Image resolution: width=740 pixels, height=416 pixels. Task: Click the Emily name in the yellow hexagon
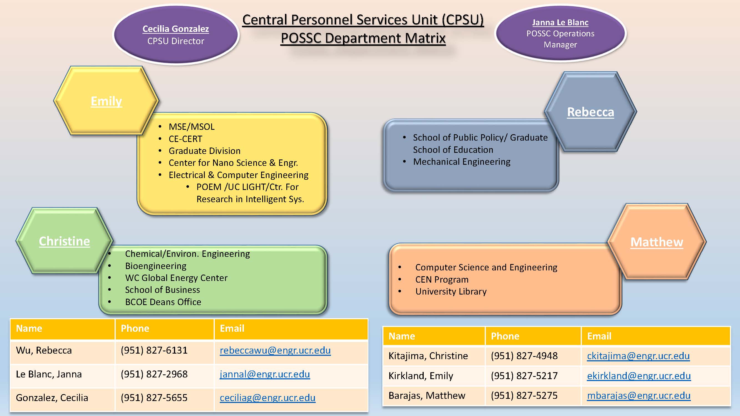click(106, 101)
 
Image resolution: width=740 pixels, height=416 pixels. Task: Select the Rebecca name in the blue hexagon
click(590, 112)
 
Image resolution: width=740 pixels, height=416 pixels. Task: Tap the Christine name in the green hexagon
click(64, 241)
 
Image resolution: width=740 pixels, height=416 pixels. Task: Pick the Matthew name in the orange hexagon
click(657, 242)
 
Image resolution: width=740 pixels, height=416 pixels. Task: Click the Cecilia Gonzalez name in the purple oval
click(176, 29)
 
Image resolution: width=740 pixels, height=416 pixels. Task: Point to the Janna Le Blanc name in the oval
click(560, 22)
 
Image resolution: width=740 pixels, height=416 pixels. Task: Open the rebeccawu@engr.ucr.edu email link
click(275, 350)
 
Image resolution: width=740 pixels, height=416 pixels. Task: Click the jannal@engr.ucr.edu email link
click(265, 374)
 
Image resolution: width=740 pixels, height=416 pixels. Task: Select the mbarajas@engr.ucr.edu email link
click(639, 396)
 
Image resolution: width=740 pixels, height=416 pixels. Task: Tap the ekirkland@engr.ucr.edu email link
click(639, 376)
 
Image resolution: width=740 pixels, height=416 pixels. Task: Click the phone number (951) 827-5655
click(154, 398)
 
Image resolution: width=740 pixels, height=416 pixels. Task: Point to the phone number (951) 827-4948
click(524, 356)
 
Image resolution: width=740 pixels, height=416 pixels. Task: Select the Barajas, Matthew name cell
click(426, 396)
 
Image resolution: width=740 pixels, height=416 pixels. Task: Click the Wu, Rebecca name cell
click(44, 351)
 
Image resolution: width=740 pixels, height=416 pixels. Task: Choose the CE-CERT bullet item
click(185, 139)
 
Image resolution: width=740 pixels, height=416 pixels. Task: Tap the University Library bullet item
click(451, 291)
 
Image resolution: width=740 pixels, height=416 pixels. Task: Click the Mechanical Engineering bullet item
click(462, 162)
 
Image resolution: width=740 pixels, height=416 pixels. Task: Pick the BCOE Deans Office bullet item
click(163, 302)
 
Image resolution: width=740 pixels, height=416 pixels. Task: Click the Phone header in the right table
click(505, 336)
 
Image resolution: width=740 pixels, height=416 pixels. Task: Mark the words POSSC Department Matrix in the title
click(363, 38)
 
